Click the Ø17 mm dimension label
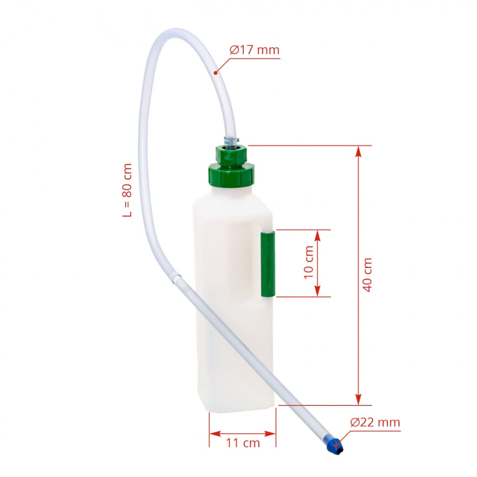pos(255,50)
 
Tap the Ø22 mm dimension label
pos(375,422)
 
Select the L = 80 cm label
pos(127,190)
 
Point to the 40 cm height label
pos(368,275)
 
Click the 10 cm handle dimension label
pos(308,262)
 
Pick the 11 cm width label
pos(243,442)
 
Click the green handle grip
pos(268,264)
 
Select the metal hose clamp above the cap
pos(231,140)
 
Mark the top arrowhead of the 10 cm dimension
pos(317,234)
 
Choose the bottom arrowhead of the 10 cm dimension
pos(317,292)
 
